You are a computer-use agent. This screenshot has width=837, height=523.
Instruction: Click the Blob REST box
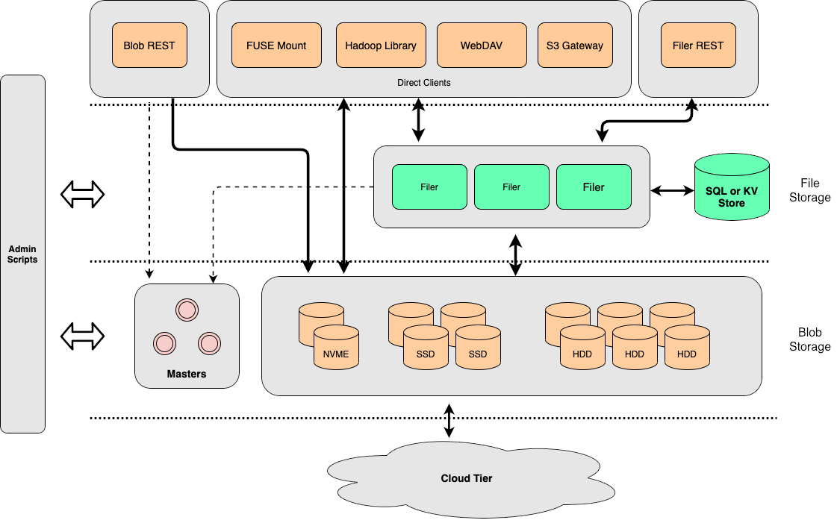point(149,46)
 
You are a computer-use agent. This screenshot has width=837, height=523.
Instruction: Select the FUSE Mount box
point(276,46)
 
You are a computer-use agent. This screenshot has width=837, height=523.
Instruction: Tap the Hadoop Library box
point(381,46)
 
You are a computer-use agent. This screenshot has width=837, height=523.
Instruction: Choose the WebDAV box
point(482,46)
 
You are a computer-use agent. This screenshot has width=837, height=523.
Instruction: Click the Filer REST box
point(698,46)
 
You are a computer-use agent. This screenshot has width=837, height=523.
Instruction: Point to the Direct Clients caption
point(424,83)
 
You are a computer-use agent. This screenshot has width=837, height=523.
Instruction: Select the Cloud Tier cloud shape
point(467,478)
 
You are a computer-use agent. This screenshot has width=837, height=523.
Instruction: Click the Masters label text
point(187,374)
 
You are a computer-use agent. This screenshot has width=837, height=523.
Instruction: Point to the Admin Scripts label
point(22,254)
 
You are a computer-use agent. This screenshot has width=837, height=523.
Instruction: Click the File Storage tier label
point(810,190)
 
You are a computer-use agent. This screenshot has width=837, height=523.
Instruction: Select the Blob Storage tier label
point(810,339)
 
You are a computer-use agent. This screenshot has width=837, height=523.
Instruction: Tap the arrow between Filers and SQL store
point(672,191)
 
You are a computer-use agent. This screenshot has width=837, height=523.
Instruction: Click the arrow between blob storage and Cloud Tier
point(449,421)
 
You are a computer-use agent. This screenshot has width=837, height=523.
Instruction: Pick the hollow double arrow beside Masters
point(82,336)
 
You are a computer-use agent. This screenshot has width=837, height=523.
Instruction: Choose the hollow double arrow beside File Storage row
point(82,195)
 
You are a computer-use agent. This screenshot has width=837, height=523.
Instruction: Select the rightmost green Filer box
point(594,187)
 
